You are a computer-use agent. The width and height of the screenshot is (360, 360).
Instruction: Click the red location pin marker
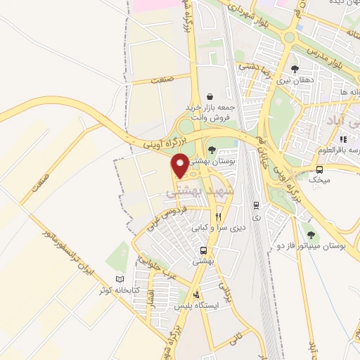[x=180, y=165]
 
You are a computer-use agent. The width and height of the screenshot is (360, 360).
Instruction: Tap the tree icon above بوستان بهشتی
[x=212, y=148]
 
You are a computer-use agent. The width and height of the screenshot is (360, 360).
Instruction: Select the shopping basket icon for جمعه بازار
[x=209, y=97]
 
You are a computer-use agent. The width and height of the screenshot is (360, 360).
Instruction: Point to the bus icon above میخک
[x=320, y=169]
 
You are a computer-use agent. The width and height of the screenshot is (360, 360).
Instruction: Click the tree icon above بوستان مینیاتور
[x=311, y=234]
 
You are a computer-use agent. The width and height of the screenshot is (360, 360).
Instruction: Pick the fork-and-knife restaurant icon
[x=219, y=217]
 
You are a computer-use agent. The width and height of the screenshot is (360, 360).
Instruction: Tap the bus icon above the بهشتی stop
[x=203, y=250]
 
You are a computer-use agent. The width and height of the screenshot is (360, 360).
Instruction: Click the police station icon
[x=197, y=294]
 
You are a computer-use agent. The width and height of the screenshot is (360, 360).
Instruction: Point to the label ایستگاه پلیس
[x=200, y=306]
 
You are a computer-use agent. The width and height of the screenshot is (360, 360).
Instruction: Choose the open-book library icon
[x=119, y=279]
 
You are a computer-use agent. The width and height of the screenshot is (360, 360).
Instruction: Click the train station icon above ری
[x=255, y=205]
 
